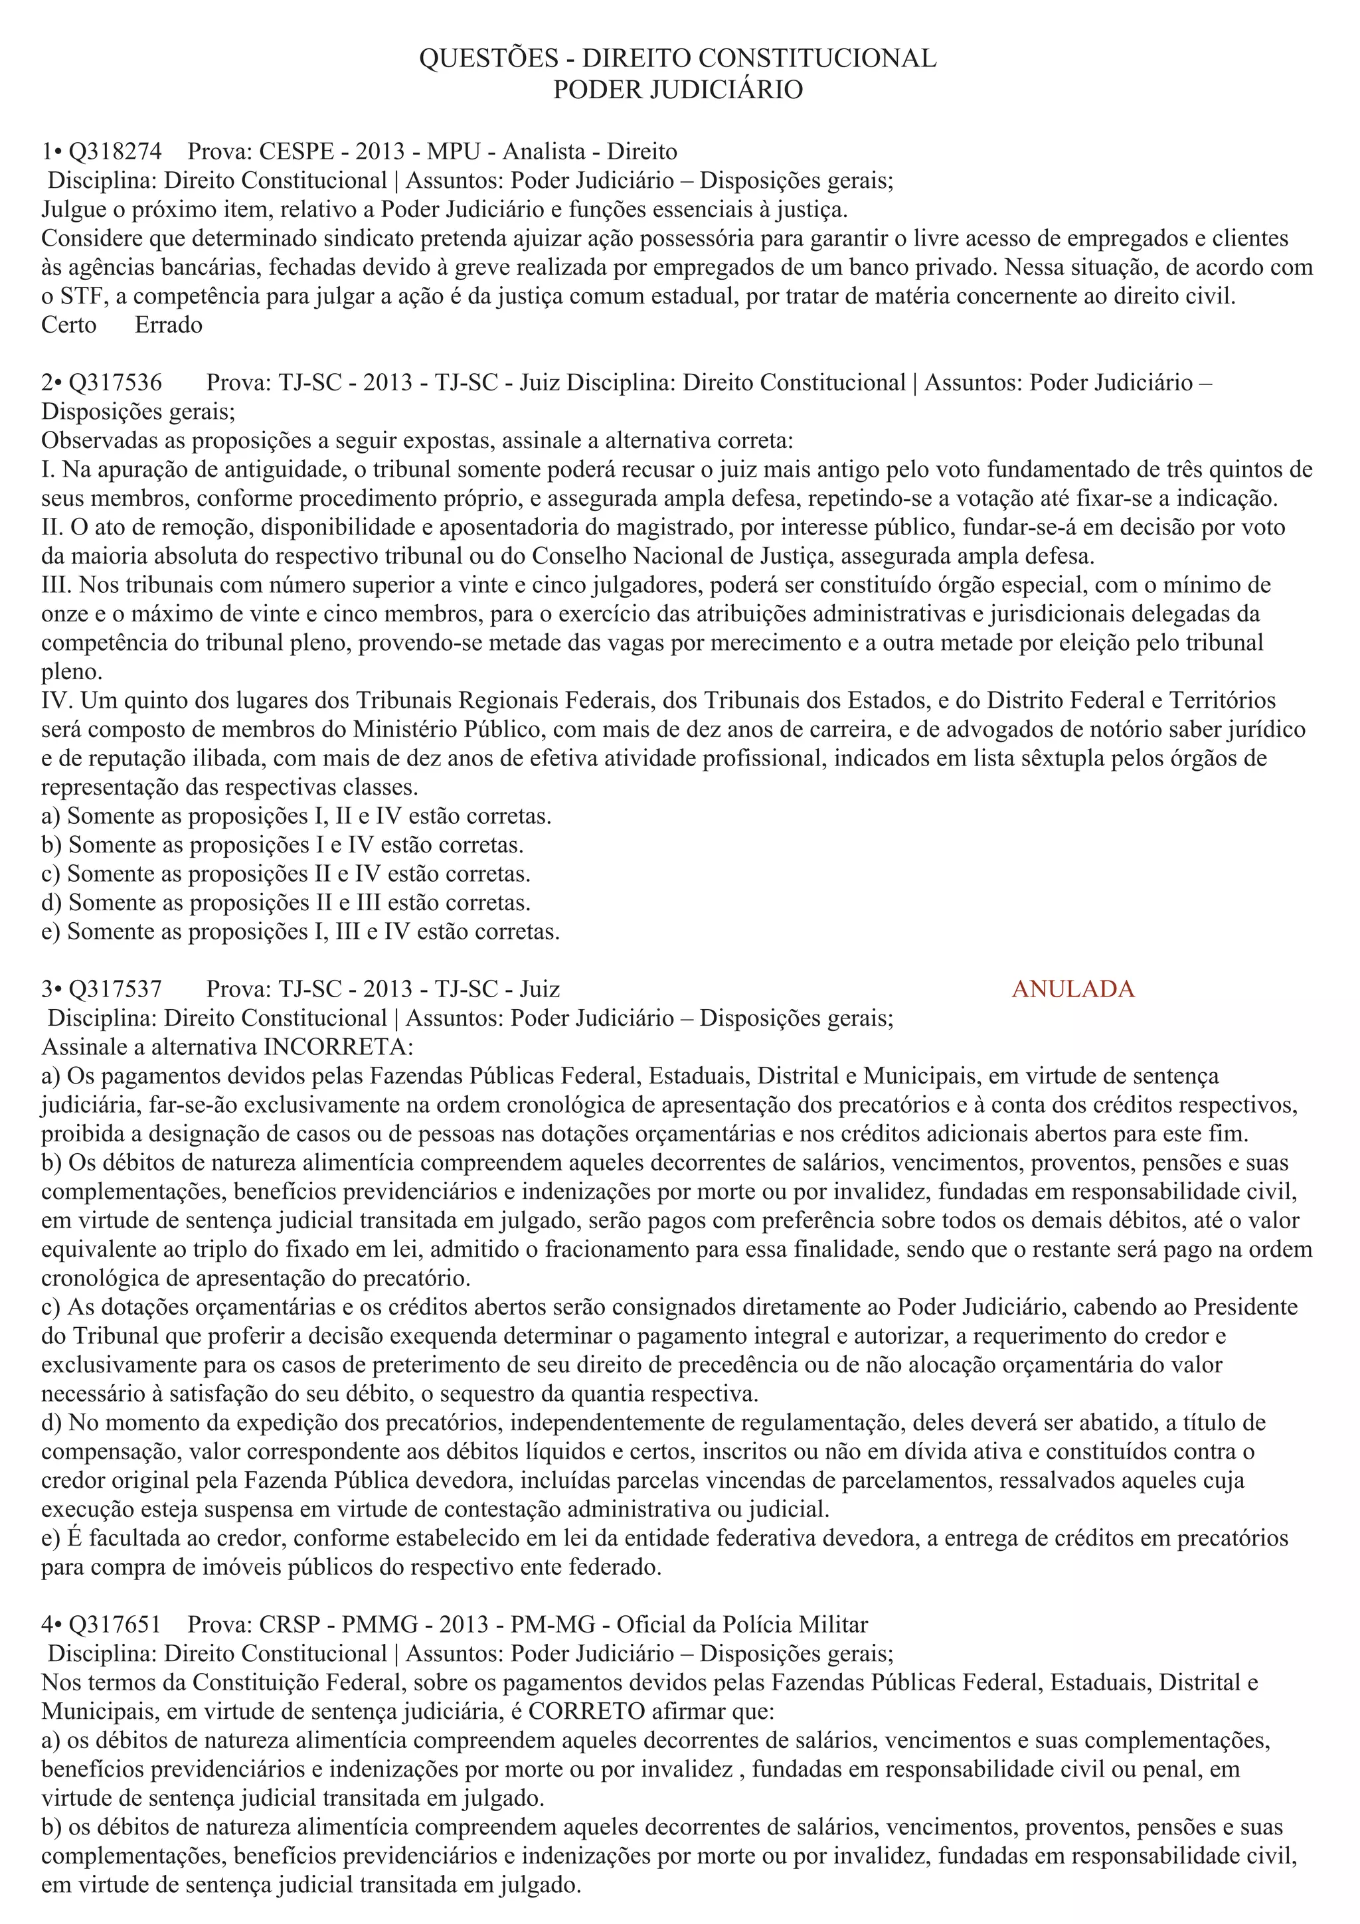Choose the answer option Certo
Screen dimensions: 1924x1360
[x=68, y=325]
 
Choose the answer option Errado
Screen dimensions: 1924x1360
[x=169, y=325]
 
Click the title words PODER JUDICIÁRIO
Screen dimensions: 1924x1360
[x=677, y=89]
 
